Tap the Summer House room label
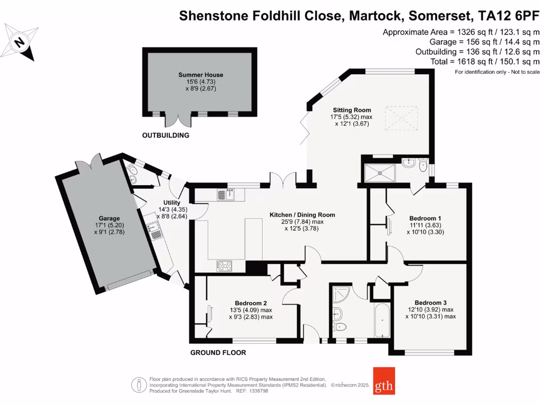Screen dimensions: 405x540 tap(200, 75)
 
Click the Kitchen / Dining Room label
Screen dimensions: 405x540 tap(302, 215)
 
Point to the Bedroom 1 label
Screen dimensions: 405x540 tap(425, 218)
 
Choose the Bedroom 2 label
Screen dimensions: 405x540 tap(250, 303)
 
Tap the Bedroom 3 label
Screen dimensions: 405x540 tap(430, 303)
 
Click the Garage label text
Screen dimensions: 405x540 tap(109, 218)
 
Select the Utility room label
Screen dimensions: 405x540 tap(172, 202)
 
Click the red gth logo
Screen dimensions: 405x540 tap(383, 381)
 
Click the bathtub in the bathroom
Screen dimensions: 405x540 tap(381, 320)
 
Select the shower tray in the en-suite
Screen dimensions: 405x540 tap(379, 172)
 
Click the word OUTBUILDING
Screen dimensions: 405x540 tap(166, 136)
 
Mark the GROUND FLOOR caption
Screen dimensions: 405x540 tap(218, 353)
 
